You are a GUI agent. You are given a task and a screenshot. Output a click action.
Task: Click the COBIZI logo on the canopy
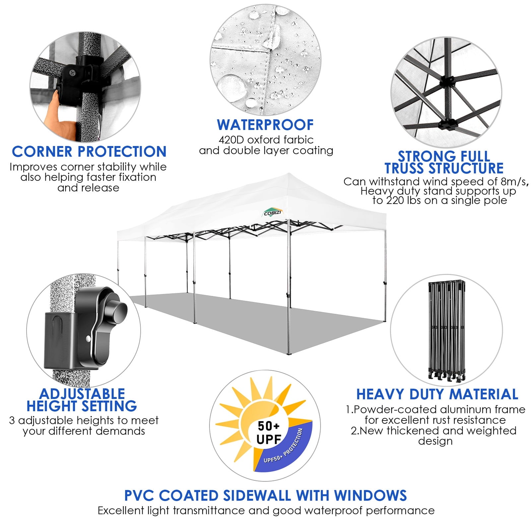(272, 213)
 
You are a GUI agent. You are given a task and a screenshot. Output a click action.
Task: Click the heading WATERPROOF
(265, 125)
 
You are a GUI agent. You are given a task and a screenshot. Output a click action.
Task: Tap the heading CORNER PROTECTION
(89, 152)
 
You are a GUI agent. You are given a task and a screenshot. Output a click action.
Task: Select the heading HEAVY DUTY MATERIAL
(437, 394)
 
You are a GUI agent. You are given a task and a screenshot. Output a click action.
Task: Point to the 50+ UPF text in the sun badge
(269, 432)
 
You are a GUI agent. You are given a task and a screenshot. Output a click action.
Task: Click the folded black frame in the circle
(446, 330)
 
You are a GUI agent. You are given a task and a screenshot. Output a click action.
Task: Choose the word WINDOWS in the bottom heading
(370, 496)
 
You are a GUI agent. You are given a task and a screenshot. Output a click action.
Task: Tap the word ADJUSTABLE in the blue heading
(82, 394)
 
